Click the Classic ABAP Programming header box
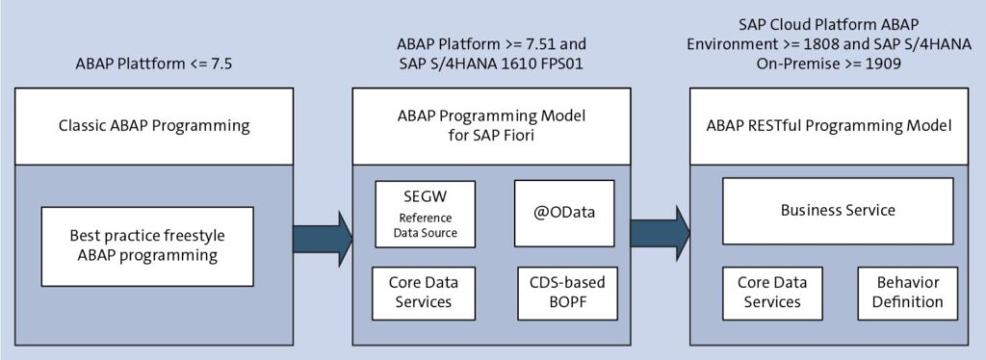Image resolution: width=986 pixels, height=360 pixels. [154, 126]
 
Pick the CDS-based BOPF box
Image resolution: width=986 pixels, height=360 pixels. [564, 293]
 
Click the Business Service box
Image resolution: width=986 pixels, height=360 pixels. [837, 210]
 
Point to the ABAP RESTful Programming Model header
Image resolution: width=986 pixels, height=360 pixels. [829, 126]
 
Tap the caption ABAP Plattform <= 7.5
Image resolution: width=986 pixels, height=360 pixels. [154, 64]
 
